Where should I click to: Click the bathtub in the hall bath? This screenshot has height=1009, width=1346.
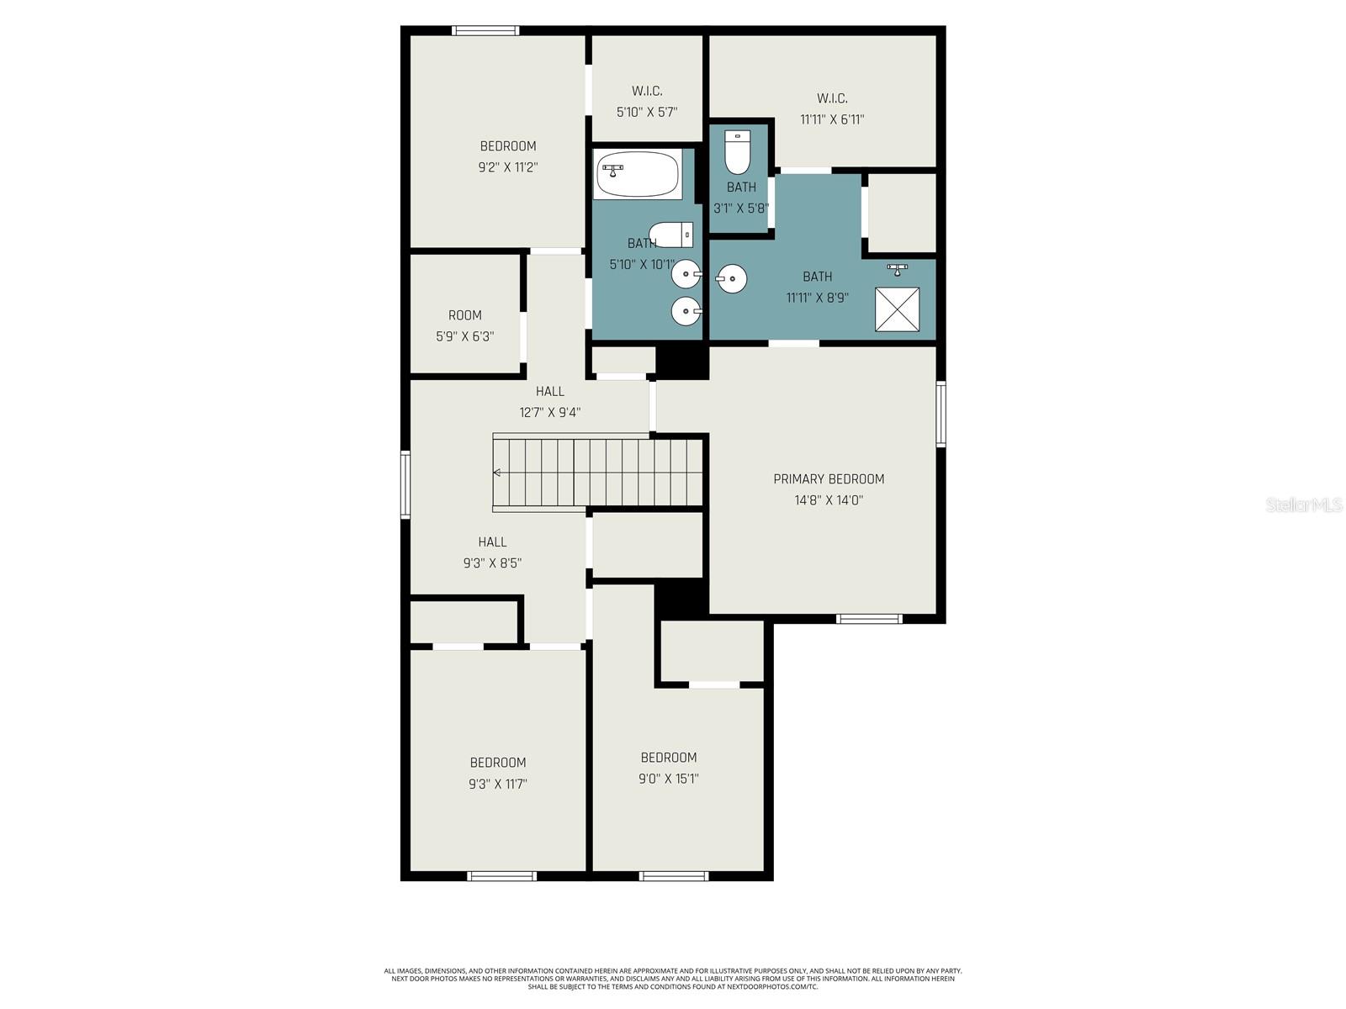coord(638,174)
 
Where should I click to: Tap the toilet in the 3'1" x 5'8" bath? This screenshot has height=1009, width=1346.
coord(738,151)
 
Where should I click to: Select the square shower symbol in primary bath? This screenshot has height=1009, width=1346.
coord(897,309)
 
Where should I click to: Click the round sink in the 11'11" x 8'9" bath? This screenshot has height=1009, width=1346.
coord(731,278)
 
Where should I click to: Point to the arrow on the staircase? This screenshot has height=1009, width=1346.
coord(497,473)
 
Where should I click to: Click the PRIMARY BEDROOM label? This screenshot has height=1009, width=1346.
coord(829,479)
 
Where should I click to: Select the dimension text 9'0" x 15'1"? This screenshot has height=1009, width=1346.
coord(668,779)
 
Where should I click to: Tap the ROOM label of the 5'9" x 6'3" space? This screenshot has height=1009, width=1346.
coord(464,315)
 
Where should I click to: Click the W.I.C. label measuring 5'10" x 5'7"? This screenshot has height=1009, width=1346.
coord(647,91)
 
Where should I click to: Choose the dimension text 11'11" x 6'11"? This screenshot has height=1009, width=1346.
coord(831,119)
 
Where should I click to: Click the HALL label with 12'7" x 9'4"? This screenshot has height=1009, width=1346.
coord(549,391)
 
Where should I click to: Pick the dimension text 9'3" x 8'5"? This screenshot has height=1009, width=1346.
coord(492,563)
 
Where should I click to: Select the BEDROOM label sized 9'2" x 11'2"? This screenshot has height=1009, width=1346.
coord(507,146)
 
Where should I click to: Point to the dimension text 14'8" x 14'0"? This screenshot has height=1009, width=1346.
coord(829,500)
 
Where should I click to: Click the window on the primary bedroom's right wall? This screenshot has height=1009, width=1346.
coord(941,413)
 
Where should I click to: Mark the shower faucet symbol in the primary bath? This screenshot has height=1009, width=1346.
coord(897,269)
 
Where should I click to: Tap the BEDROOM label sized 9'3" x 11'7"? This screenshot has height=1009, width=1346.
coord(497,763)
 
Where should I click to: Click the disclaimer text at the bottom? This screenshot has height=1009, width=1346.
coord(673,979)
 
